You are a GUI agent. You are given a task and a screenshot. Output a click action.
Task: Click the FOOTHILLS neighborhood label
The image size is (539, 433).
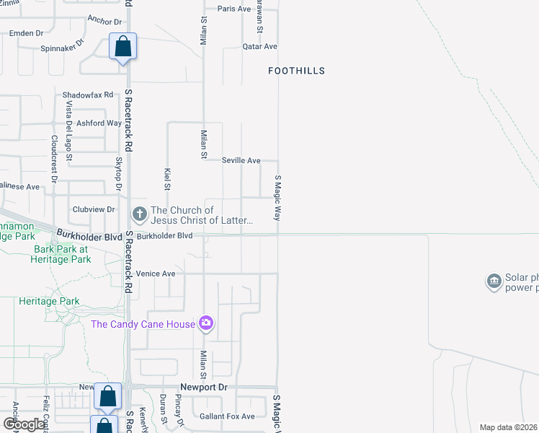pyautogui.click(x=296, y=71)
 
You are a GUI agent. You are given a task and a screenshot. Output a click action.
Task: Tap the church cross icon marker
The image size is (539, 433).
pyautogui.click(x=138, y=214)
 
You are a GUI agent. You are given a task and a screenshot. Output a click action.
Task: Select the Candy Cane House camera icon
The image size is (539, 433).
pyautogui.click(x=207, y=323)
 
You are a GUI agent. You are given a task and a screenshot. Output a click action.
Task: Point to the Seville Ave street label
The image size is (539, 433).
pyautogui.click(x=241, y=160)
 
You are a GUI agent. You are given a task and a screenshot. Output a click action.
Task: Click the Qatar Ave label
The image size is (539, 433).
pyautogui.click(x=259, y=46)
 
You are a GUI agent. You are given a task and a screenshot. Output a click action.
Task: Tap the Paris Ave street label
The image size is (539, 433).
pyautogui.click(x=234, y=9)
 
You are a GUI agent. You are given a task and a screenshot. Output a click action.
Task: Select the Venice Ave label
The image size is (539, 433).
pyautogui.click(x=156, y=274)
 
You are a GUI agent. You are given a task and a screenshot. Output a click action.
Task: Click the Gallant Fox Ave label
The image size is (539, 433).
pyautogui.click(x=228, y=416)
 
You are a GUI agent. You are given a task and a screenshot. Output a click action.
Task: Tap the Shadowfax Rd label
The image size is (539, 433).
pyautogui.click(x=88, y=95)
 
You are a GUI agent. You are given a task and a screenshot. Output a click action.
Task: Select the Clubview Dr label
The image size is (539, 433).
pyautogui.click(x=94, y=209)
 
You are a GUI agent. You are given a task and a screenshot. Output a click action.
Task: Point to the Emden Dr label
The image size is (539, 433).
pyautogui.click(x=26, y=33)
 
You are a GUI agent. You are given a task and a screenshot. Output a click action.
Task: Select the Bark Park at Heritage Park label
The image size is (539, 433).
pyautogui.click(x=62, y=253)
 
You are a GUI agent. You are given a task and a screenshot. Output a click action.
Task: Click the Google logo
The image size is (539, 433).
pyautogui.click(x=24, y=424)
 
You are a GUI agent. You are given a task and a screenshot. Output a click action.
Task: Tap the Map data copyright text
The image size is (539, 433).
pyautogui.click(x=509, y=427)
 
